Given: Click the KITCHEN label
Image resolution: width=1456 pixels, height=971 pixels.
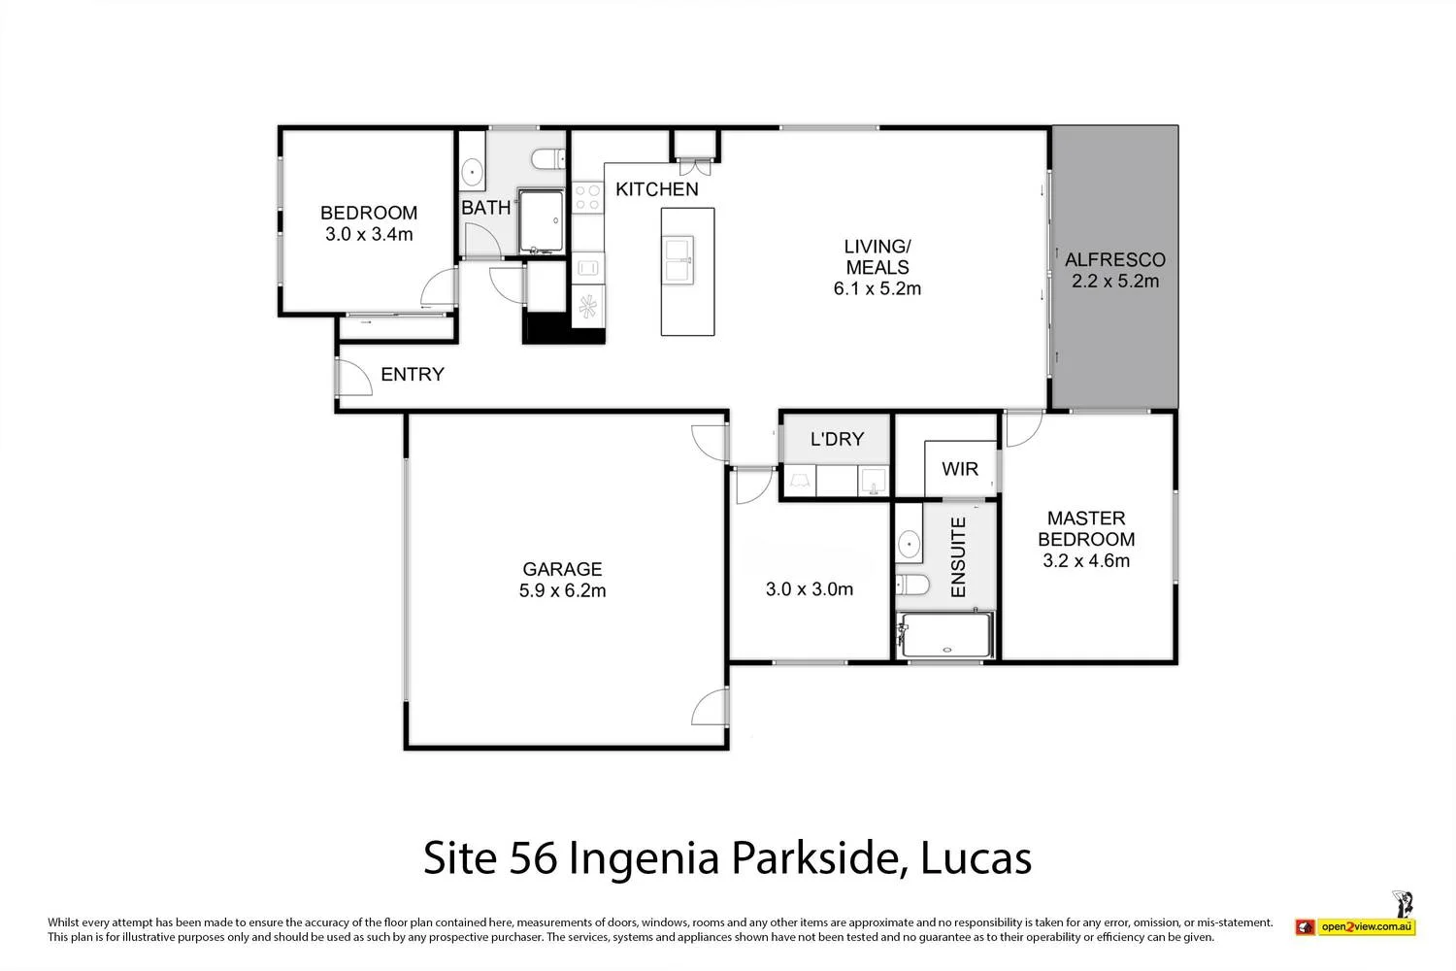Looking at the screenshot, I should (x=657, y=189).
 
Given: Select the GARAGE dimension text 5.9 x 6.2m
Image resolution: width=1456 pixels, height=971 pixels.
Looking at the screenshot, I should (x=562, y=590).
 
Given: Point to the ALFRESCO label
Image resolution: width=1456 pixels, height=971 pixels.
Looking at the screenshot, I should (x=1114, y=260).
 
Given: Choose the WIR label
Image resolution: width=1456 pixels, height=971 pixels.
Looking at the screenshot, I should (x=959, y=469).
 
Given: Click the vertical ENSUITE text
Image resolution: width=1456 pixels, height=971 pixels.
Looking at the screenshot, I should (x=958, y=557).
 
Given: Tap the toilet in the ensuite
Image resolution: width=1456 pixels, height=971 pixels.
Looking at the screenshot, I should (x=911, y=585).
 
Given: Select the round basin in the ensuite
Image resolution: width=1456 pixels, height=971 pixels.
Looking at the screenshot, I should (x=910, y=545).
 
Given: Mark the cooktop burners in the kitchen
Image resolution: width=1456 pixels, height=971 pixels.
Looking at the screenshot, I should (x=587, y=197).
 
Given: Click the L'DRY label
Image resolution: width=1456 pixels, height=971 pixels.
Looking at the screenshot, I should (x=837, y=439).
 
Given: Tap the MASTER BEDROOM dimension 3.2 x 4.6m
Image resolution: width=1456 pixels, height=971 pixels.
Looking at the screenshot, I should (x=1085, y=560).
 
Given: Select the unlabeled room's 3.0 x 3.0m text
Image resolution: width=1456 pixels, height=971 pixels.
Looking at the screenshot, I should (x=809, y=588).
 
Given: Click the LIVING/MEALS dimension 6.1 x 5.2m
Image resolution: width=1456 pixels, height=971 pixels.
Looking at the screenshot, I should (x=877, y=288).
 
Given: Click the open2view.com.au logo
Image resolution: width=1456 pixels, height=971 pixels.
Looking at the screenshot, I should (x=1355, y=926).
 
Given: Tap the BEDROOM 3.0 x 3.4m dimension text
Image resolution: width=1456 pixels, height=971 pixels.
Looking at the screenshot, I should (x=369, y=234).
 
